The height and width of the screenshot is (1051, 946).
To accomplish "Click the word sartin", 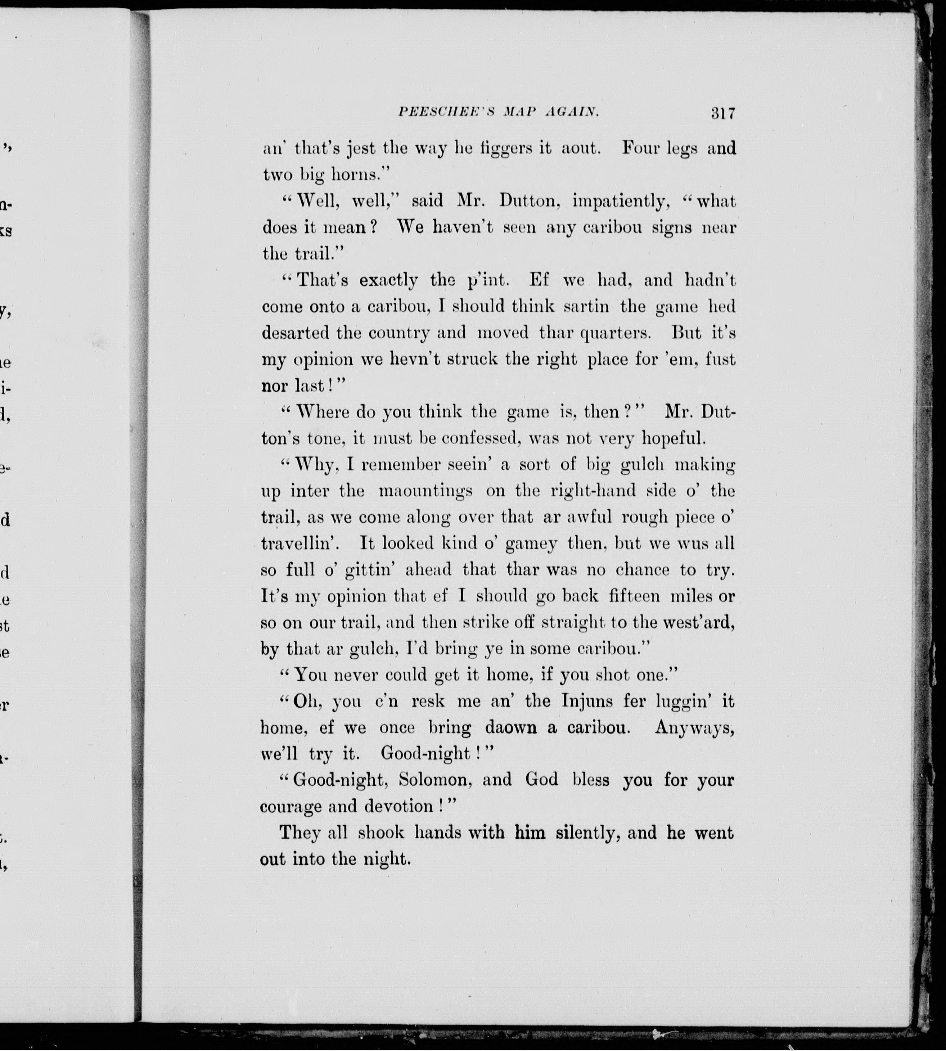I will click(586, 307).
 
